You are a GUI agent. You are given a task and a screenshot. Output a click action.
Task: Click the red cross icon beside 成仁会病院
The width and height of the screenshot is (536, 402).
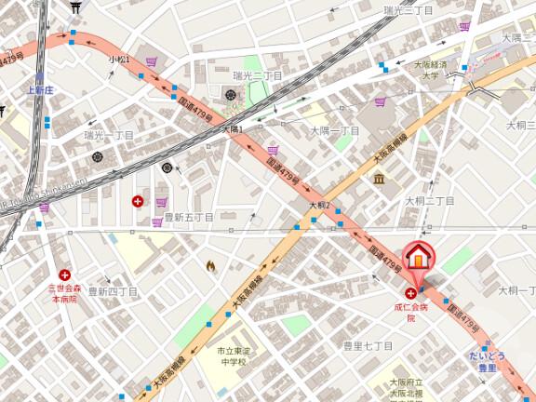[x=410, y=292]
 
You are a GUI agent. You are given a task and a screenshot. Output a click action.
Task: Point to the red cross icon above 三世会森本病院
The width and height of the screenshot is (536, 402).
[x=64, y=275]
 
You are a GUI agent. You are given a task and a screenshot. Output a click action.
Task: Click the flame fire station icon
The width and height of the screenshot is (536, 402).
[x=210, y=266]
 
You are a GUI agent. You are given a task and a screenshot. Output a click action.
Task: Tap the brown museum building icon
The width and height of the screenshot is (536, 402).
[x=379, y=178]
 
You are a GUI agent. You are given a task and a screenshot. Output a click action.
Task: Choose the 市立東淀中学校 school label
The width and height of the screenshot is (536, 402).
[x=226, y=356]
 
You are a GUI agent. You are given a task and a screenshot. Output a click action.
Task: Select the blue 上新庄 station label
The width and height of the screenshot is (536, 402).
[x=41, y=90]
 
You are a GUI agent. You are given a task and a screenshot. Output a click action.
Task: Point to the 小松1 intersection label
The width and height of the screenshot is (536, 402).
[x=119, y=60]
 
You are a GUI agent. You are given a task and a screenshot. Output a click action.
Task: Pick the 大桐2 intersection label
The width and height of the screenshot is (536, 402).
[x=321, y=205]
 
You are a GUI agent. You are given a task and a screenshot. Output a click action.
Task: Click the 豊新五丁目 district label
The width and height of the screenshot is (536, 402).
[x=189, y=217]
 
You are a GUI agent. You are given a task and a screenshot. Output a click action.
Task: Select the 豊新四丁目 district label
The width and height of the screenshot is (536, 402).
[x=113, y=291]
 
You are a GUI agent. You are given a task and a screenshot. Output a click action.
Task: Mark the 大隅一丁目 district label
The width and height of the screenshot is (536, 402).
[x=334, y=131]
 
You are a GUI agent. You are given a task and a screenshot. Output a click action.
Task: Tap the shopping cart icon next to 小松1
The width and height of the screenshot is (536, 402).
[x=152, y=62]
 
